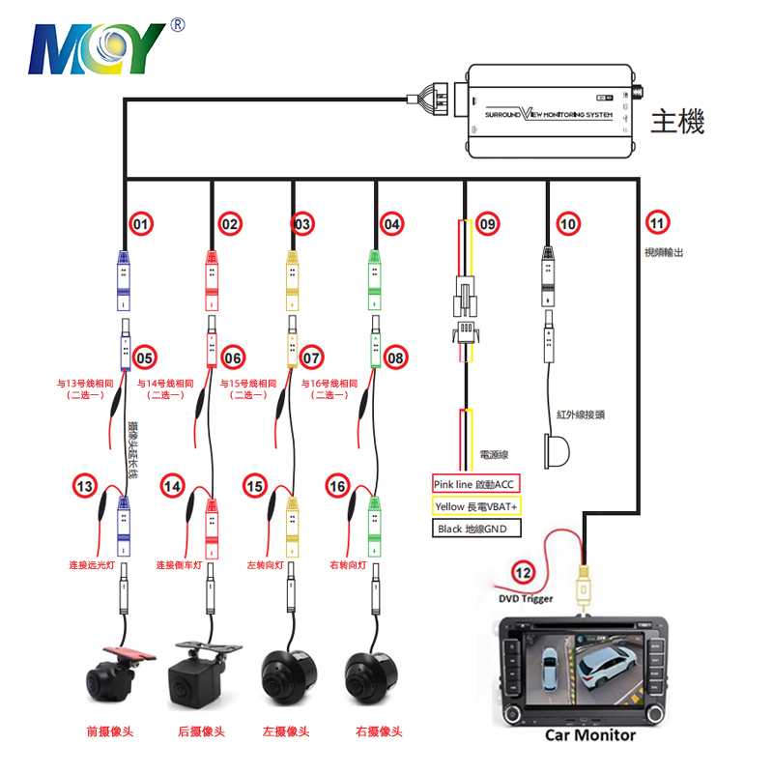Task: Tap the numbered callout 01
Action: (x=142, y=224)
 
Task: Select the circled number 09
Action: (x=488, y=224)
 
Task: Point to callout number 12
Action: (x=523, y=571)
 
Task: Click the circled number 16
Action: (x=338, y=485)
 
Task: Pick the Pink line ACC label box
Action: (x=475, y=483)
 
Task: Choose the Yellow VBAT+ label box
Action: (x=475, y=505)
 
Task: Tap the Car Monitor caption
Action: (x=590, y=735)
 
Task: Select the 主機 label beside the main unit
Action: (x=677, y=122)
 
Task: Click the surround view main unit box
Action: (x=551, y=112)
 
